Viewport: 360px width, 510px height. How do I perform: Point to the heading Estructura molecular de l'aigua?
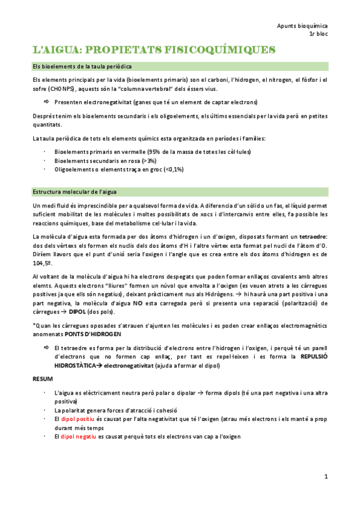point(78,192)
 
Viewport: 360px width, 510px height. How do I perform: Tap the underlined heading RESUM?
point(42,378)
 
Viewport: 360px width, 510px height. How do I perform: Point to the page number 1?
point(325,477)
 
